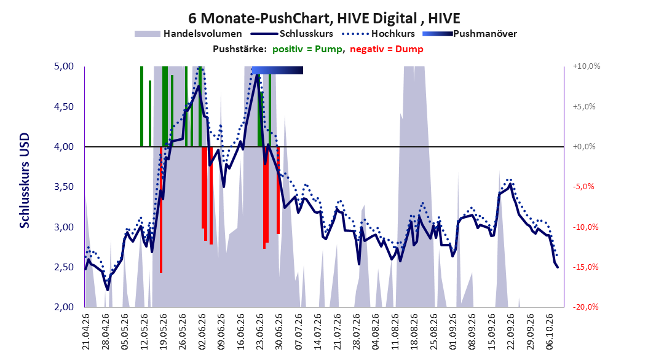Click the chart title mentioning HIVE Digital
coord(324,18)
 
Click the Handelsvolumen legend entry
coord(188,34)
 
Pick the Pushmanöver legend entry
coord(470,34)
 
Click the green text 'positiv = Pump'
coord(307,49)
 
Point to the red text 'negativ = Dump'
coord(387,49)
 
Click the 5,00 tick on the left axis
coord(64,66)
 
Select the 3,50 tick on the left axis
coord(64,187)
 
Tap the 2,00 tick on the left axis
coord(64,307)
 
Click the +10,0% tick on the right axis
coord(587,66)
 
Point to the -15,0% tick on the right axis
coord(585,267)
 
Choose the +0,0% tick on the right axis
coord(584,147)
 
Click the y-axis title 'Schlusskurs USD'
coord(25,181)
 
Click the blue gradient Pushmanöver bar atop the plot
coord(277,70)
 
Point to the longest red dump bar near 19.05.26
coord(160,209)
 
